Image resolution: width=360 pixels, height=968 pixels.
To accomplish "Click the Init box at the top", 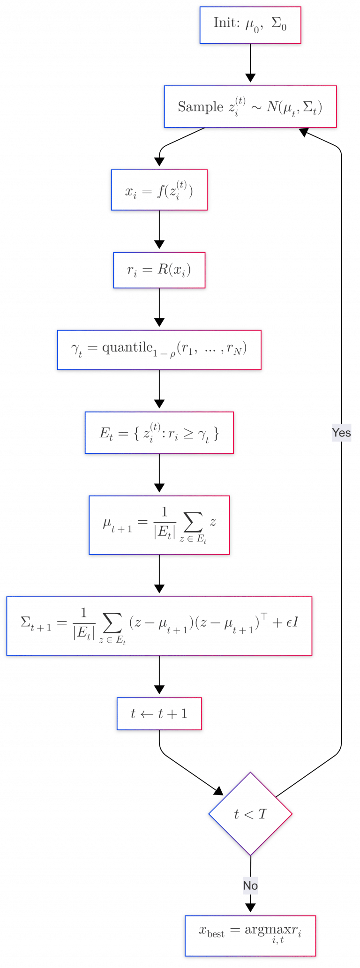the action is (x=250, y=25).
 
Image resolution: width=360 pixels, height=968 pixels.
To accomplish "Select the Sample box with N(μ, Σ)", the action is (x=250, y=106).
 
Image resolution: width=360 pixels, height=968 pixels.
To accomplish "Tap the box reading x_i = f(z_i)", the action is (x=159, y=190).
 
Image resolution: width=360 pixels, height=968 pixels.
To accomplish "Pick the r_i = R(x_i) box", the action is (x=159, y=270).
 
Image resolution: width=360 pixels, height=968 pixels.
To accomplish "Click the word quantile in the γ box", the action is (x=127, y=347).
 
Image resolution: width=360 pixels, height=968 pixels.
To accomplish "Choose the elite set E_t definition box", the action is (x=159, y=433).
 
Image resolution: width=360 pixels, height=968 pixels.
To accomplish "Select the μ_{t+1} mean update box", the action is (x=159, y=525).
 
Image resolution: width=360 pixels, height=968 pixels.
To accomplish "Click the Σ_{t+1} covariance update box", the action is (x=159, y=626).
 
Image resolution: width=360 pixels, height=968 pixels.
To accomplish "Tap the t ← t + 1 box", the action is (x=159, y=713).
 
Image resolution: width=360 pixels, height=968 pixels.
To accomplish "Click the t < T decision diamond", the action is (x=250, y=814).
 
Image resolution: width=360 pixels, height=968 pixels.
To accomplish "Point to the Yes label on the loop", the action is (x=341, y=432).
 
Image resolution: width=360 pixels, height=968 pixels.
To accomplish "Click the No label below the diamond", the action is (x=250, y=885).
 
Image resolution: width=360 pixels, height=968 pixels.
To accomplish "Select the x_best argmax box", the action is (x=250, y=936).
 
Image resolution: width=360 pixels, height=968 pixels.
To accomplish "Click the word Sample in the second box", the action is (x=201, y=107).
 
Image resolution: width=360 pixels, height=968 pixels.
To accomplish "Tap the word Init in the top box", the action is (x=227, y=23).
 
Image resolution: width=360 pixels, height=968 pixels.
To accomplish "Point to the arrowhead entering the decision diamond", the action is (x=219, y=791).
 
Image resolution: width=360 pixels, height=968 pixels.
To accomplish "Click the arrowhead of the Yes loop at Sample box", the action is (x=304, y=132).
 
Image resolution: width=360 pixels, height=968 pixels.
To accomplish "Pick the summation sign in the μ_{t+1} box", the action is (x=193, y=522).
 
